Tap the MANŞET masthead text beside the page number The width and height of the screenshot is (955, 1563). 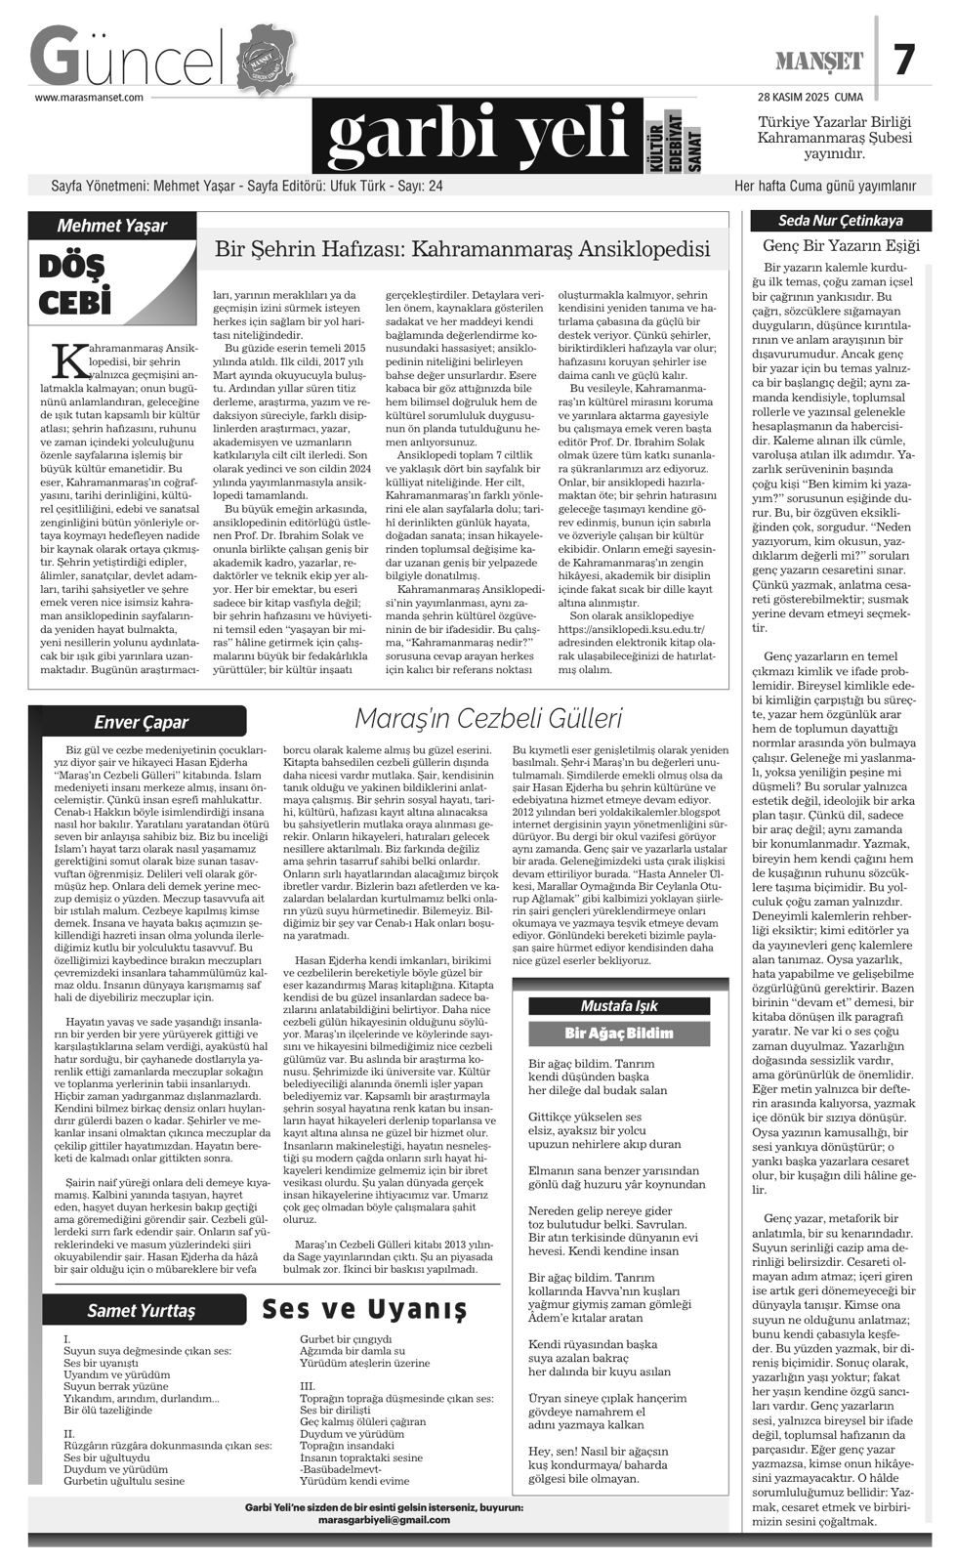pyautogui.click(x=819, y=62)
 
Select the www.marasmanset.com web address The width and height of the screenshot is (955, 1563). pyautogui.click(x=90, y=98)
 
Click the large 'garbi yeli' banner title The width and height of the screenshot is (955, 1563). pyautogui.click(x=477, y=137)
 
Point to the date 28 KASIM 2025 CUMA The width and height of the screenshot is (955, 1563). pyautogui.click(x=810, y=97)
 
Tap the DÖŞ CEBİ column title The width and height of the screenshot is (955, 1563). pyautogui.click(x=74, y=284)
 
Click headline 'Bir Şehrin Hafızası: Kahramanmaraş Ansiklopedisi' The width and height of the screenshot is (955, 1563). pyautogui.click(x=462, y=250)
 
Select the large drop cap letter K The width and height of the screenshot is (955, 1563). pyautogui.click(x=66, y=359)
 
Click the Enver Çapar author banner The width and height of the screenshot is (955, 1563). pyautogui.click(x=141, y=722)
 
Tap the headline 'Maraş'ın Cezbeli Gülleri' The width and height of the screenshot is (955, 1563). pyautogui.click(x=488, y=719)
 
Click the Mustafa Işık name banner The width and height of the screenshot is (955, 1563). pyautogui.click(x=619, y=1005)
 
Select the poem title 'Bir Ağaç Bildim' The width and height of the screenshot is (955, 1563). pyautogui.click(x=619, y=1033)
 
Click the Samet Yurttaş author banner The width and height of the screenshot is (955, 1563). pyautogui.click(x=141, y=1310)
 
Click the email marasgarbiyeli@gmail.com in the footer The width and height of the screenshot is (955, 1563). pyautogui.click(x=384, y=1520)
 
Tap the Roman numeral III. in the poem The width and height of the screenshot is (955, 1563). pyautogui.click(x=308, y=1385)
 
